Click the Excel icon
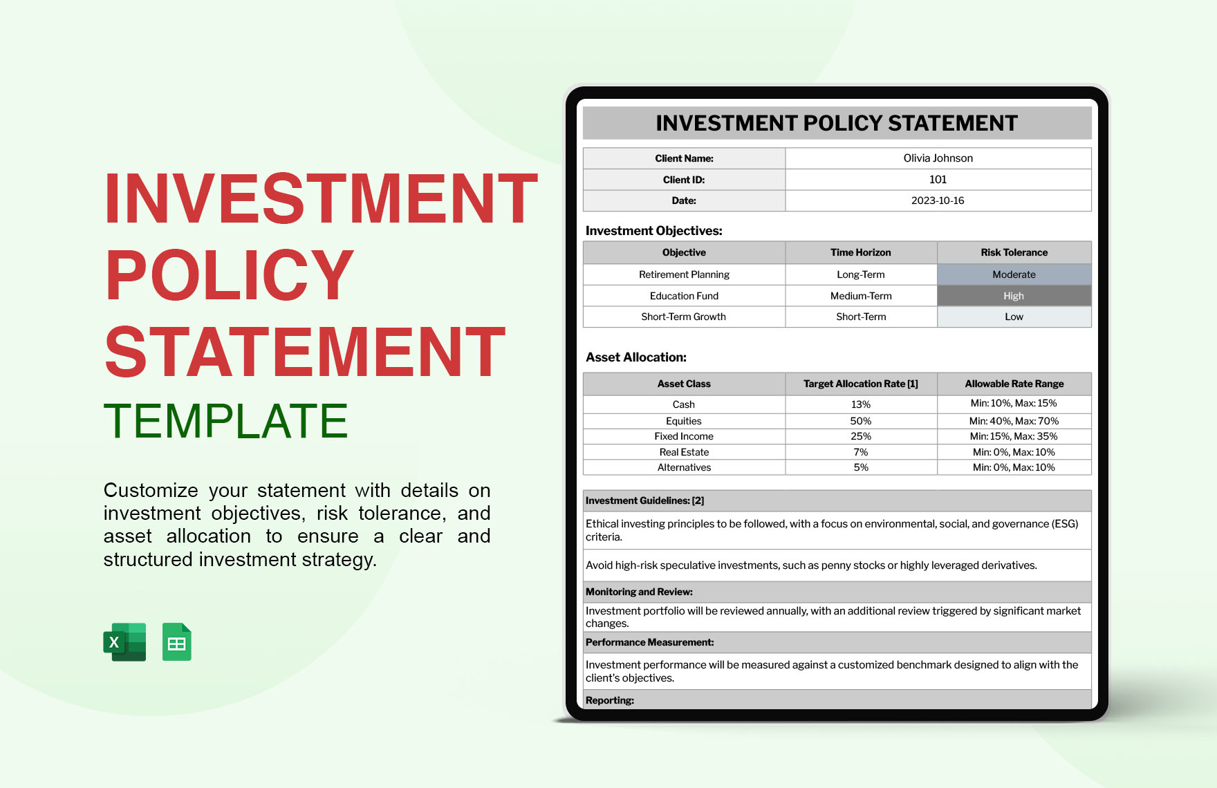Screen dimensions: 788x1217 coord(124,642)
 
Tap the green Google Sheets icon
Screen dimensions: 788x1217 coord(177,642)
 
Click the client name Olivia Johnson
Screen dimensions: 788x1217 coord(938,158)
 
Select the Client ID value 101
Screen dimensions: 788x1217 coord(938,180)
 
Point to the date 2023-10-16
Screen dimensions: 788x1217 coord(938,200)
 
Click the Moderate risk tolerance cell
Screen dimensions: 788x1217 coord(1014,274)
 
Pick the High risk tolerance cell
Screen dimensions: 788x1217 coord(1014,296)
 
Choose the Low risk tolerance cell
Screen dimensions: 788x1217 coord(1014,317)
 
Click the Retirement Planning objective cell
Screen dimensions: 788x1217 coord(684,274)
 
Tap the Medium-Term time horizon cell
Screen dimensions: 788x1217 coord(861,296)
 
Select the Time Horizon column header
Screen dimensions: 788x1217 coord(861,252)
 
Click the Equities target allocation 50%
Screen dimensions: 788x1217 coord(861,421)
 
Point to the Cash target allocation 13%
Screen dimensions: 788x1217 coord(861,404)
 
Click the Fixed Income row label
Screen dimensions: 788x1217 coord(684,436)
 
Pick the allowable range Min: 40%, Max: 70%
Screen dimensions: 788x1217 coord(1014,421)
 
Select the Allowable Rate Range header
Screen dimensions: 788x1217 coord(1014,384)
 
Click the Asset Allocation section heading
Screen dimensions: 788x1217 coord(636,357)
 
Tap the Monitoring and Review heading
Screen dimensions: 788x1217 coord(639,592)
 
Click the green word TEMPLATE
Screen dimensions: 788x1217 coord(226,421)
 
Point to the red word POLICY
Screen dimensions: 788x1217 coord(230,275)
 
